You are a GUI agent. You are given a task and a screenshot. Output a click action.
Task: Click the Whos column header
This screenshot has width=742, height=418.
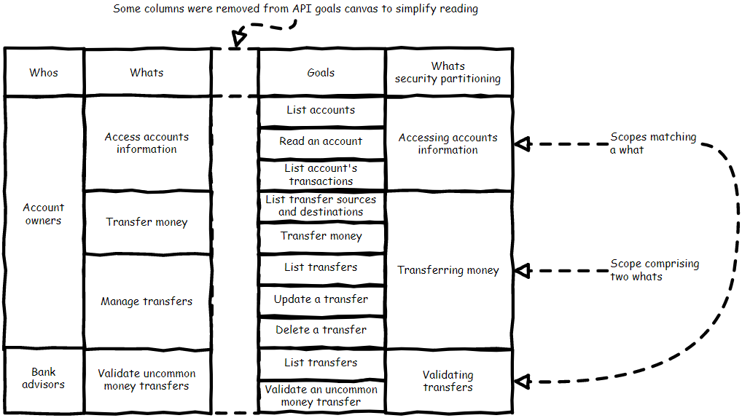[44, 72]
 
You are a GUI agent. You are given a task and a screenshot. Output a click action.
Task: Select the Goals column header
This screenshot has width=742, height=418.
[321, 72]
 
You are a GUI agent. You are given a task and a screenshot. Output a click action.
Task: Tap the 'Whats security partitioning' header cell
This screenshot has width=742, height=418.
[448, 72]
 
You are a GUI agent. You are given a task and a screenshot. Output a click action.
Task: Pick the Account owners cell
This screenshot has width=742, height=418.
[44, 214]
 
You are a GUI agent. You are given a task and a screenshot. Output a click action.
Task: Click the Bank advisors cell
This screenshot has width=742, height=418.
[44, 379]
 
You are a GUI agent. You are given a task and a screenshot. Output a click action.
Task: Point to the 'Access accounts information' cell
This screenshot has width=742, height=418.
[147, 143]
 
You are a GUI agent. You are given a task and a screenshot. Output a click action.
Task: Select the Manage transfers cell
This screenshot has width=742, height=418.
[147, 301]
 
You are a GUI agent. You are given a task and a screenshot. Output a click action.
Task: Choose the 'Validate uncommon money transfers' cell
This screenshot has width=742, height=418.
[147, 379]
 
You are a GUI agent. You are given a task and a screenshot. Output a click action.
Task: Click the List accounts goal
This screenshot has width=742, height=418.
[321, 110]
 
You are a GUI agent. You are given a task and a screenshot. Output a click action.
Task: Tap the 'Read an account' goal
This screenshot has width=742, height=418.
[321, 141]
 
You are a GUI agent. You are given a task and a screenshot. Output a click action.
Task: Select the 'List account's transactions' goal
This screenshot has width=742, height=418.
[321, 175]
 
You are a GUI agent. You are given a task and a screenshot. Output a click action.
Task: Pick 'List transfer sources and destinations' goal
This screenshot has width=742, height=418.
[321, 206]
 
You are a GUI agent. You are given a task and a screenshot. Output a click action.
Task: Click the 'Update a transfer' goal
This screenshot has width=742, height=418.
[321, 299]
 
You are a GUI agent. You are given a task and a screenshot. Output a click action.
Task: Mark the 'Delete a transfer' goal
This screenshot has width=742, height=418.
[321, 330]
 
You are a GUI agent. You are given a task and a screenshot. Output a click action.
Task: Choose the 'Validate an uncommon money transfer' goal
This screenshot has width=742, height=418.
[321, 395]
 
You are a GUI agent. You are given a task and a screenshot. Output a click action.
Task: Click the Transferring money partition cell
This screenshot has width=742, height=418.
[448, 270]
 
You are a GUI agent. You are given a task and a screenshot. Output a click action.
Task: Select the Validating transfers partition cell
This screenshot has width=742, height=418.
[448, 381]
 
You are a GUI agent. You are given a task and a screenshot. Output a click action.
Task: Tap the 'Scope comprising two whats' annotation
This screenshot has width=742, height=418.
[655, 269]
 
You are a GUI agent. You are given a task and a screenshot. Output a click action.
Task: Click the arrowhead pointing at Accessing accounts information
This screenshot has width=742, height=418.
[520, 144]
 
